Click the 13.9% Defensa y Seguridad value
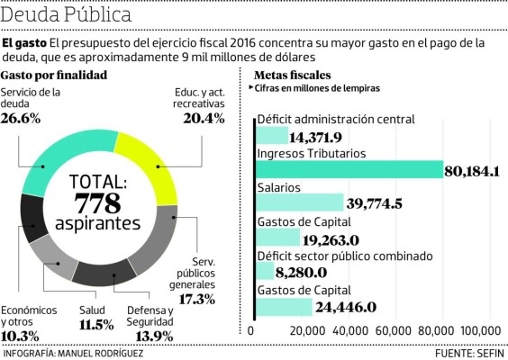pos(150,336)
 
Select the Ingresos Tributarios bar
pos(350,170)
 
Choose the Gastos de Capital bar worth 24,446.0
pos(285,307)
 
